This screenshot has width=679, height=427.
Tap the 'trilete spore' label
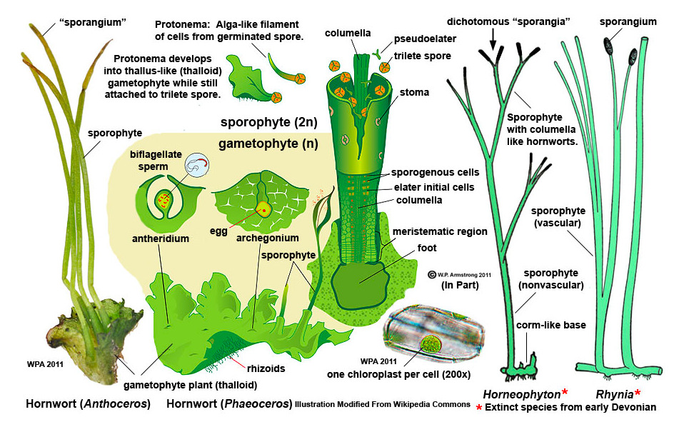point(423,56)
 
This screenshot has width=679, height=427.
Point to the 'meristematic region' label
point(440,231)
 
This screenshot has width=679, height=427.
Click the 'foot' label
point(428,248)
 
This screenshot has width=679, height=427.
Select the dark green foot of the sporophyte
point(361,277)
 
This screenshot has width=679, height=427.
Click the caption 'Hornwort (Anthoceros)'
point(88,404)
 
